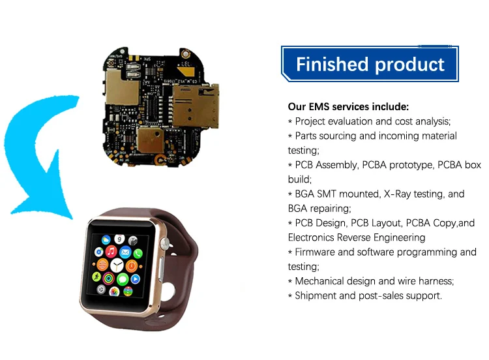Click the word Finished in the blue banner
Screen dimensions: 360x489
[x=332, y=65]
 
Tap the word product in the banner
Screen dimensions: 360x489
[x=409, y=65]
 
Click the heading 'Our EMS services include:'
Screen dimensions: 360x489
[x=348, y=106]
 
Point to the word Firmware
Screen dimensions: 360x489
[x=318, y=252]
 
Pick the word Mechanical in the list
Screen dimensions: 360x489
[x=323, y=281]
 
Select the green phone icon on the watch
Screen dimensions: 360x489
[x=123, y=279]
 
